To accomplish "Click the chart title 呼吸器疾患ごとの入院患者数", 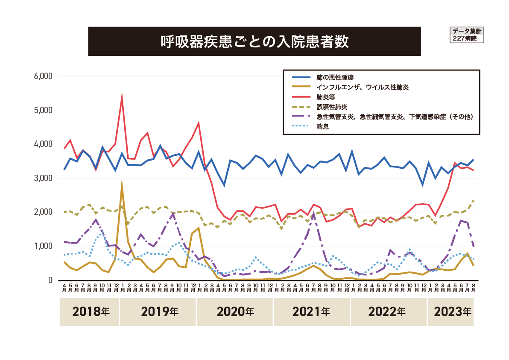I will pyautogui.click(x=254, y=41).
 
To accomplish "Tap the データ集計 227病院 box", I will pyautogui.click(x=467, y=35).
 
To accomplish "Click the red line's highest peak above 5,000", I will pyautogui.click(x=122, y=97).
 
